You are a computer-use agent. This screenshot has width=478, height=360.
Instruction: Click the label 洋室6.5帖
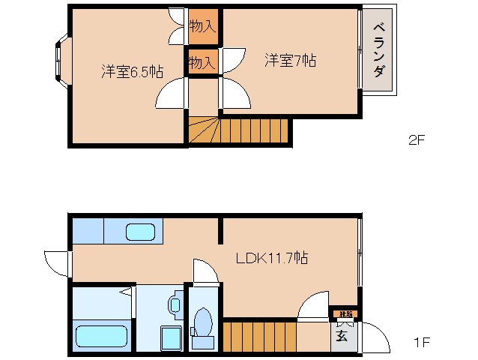133,72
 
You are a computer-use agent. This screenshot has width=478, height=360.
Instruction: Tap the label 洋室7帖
290,60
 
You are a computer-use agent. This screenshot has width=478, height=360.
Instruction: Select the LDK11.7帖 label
271,258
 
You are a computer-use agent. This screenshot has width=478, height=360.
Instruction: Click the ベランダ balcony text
379,52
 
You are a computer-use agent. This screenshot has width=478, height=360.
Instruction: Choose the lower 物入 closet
202,63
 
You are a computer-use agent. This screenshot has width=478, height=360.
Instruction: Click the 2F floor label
416,139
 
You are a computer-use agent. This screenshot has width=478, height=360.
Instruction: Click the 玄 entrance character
342,335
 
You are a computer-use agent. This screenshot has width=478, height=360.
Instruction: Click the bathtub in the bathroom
103,335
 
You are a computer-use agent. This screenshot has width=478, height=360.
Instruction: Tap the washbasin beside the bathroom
175,304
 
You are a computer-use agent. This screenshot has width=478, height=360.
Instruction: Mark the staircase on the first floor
259,335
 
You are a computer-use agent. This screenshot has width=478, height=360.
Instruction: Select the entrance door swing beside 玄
375,337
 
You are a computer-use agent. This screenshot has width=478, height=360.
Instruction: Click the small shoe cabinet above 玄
344,313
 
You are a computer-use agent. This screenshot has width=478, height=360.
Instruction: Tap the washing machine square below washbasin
171,338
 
